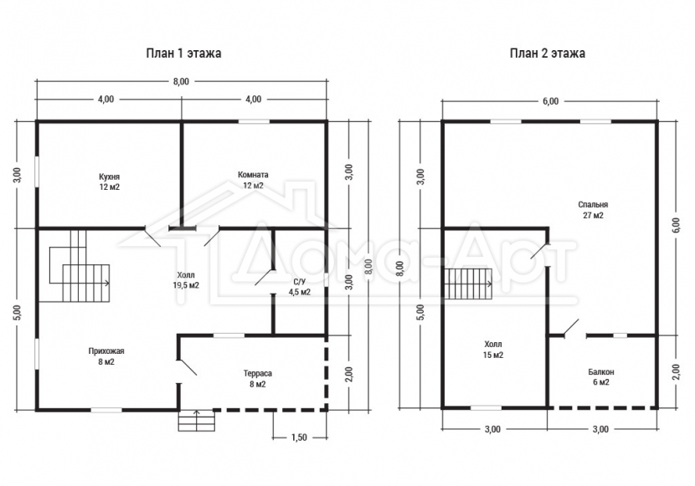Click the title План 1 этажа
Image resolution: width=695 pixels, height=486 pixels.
pos(183,54)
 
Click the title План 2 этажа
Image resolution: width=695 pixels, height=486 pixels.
pos(548,54)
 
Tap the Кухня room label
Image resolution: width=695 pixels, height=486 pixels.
pos(110,182)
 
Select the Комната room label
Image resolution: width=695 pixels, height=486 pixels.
pos(253,180)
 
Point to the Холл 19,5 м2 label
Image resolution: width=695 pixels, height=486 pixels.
pos(186,280)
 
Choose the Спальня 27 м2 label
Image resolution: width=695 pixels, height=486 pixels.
pos(593,210)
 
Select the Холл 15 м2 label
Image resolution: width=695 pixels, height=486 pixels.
pos(493,349)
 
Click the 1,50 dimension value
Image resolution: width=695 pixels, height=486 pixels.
pos(299,437)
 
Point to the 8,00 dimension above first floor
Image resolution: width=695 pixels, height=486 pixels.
pos(181,81)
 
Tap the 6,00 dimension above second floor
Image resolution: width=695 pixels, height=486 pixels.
pos(550,101)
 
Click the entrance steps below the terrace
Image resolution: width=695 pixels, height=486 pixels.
pos(196,421)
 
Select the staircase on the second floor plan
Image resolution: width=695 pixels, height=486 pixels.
pos(469,284)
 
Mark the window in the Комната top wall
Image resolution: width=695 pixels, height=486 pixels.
pos(254,120)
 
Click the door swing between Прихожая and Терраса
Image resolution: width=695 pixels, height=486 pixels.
pos(188,368)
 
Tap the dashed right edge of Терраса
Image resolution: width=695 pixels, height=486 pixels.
pos(327,373)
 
